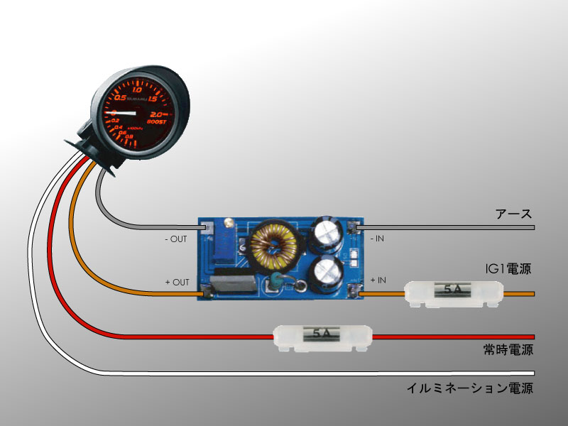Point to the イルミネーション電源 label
[x=469, y=388]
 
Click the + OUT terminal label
[x=177, y=283]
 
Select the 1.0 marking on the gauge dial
[x=137, y=89]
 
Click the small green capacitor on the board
[x=273, y=282]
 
